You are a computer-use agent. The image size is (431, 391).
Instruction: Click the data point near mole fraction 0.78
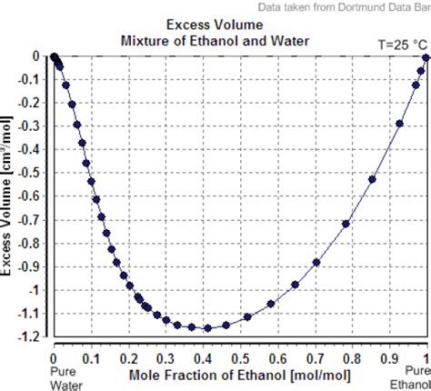[346, 224]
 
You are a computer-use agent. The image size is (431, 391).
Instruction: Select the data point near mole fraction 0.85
[372, 179]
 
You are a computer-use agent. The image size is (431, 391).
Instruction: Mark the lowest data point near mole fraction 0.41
[207, 328]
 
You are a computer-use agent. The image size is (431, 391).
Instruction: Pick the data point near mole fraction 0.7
[316, 262]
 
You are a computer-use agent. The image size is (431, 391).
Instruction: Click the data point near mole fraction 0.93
[400, 124]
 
